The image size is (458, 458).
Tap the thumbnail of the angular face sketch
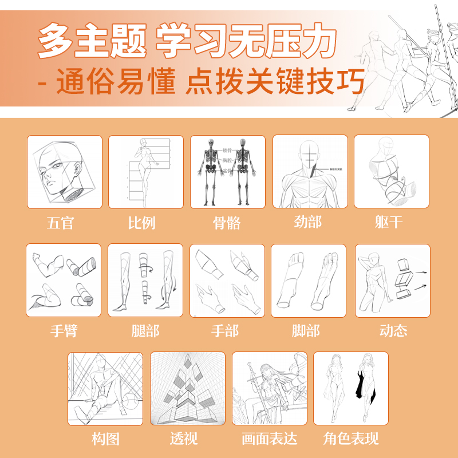tap(64, 172)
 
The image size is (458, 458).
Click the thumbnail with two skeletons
tap(227, 172)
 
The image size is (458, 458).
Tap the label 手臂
tap(63, 331)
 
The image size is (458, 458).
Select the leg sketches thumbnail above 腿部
tap(145, 280)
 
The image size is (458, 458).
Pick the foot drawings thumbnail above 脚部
tap(309, 280)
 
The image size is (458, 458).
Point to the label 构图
tap(106, 439)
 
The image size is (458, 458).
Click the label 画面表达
tap(269, 439)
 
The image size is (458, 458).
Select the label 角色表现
tap(351, 439)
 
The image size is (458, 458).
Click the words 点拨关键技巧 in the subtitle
tap(275, 84)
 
